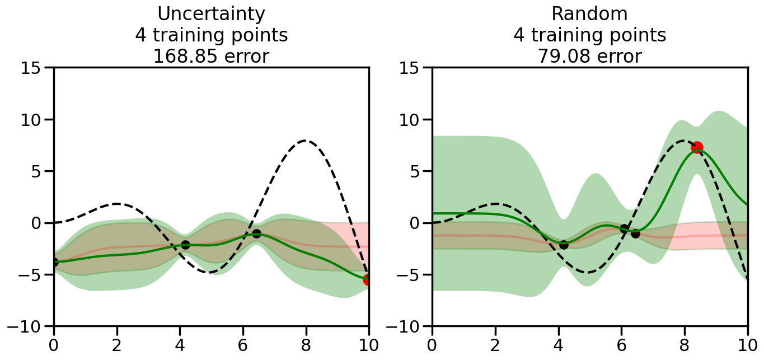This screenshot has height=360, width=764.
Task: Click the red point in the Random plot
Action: point(697,147)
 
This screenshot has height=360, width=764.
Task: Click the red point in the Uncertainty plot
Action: point(367,279)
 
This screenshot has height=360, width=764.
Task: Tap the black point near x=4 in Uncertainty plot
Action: point(185,245)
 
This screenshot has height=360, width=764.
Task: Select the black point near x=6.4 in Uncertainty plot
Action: point(256,233)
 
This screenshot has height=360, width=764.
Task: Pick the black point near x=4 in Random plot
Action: point(564,245)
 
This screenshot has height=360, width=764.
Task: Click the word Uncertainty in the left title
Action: point(211,13)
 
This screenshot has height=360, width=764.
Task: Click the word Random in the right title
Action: point(589,13)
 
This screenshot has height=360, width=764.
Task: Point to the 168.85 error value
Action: point(185,57)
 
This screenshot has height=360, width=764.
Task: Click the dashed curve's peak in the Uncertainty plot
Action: point(305,141)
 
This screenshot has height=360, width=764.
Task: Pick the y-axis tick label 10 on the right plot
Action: point(414,120)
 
